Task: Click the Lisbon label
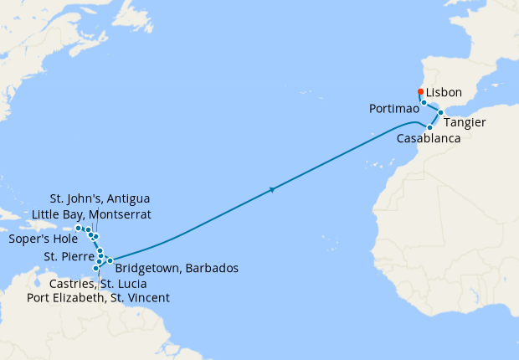[444, 92]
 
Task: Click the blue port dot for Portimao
[424, 103]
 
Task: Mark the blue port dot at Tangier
[440, 112]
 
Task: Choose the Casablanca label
[429, 138]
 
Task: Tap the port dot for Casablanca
[429, 127]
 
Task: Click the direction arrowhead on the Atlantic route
[273, 190]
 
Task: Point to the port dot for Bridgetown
[110, 261]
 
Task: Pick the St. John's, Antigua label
[100, 198]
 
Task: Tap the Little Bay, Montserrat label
[91, 214]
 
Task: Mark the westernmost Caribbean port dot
[78, 228]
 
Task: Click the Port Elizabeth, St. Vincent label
[98, 297]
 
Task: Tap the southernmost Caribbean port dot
[96, 269]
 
